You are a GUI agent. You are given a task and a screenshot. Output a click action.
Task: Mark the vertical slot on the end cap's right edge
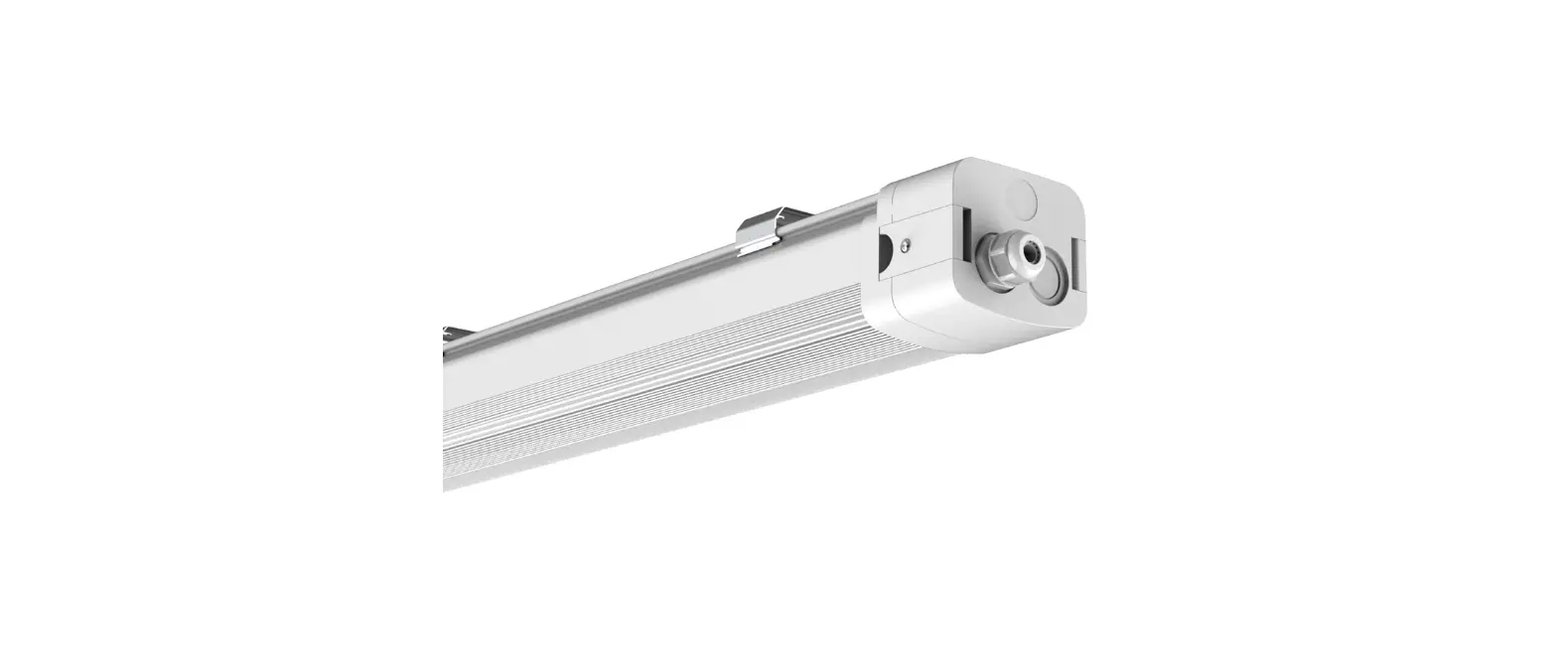(1078, 268)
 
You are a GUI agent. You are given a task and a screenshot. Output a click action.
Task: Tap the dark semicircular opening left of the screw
(881, 251)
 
